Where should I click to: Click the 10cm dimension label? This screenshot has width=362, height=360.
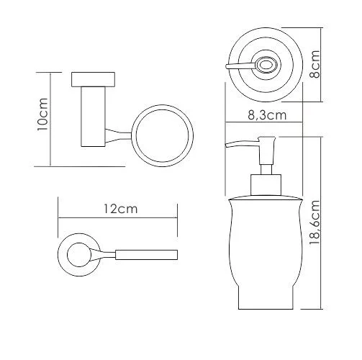pyautogui.click(x=42, y=114)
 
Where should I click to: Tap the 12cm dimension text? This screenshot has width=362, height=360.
pyautogui.click(x=120, y=209)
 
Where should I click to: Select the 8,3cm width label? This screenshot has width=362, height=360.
pyautogui.click(x=267, y=115)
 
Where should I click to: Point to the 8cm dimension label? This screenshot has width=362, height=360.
pyautogui.click(x=315, y=64)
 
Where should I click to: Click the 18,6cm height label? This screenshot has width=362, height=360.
pyautogui.click(x=315, y=222)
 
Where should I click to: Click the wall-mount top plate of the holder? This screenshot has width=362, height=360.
pyautogui.click(x=93, y=79)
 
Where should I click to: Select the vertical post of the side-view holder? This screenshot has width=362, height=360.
pyautogui.click(x=93, y=117)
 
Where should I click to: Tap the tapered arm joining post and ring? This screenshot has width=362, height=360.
pyautogui.click(x=119, y=136)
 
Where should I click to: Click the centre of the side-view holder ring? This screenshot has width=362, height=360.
pyautogui.click(x=163, y=135)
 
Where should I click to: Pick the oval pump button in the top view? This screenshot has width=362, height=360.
pyautogui.click(x=266, y=65)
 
